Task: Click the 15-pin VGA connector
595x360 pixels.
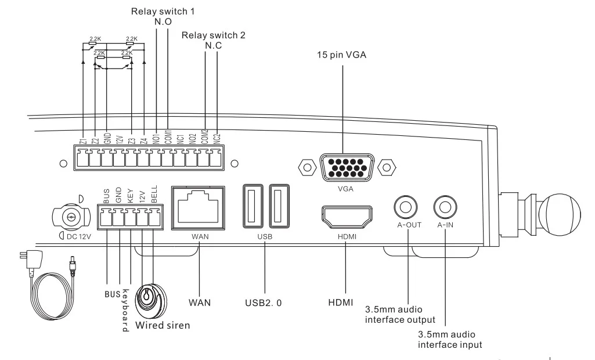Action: (347, 167)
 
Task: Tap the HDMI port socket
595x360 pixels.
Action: (347, 217)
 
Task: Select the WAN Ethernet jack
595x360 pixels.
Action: (198, 208)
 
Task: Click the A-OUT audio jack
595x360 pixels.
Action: (406, 207)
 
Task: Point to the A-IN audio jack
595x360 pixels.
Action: (445, 207)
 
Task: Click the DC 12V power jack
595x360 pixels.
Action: (71, 218)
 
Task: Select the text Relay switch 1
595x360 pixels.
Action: (163, 12)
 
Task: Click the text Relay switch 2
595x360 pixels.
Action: (213, 35)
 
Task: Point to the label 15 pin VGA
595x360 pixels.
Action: (341, 55)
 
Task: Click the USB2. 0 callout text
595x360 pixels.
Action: (264, 303)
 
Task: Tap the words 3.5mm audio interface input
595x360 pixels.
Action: (450, 340)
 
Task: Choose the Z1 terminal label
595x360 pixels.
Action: (84, 141)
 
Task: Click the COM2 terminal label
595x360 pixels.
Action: (205, 136)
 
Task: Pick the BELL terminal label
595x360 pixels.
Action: (154, 195)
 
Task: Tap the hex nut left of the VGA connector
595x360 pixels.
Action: (307, 167)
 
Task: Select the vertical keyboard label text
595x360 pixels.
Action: (125, 310)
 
